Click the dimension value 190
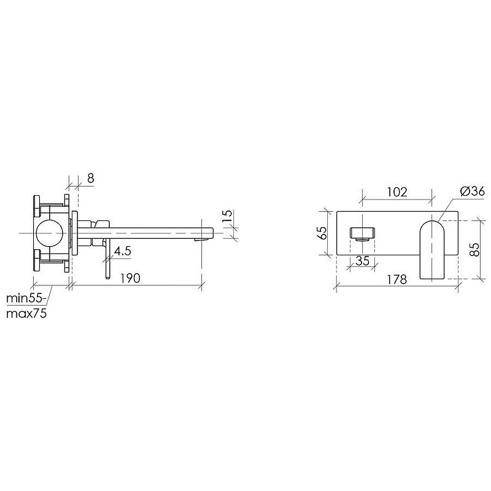(x=131, y=278)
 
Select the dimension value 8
(x=90, y=178)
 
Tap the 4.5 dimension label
(x=122, y=251)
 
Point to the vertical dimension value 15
(x=228, y=215)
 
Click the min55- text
(x=26, y=298)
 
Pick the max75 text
(x=26, y=313)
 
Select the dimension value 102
(x=397, y=192)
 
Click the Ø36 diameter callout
(x=473, y=191)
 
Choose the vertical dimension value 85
(x=475, y=250)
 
